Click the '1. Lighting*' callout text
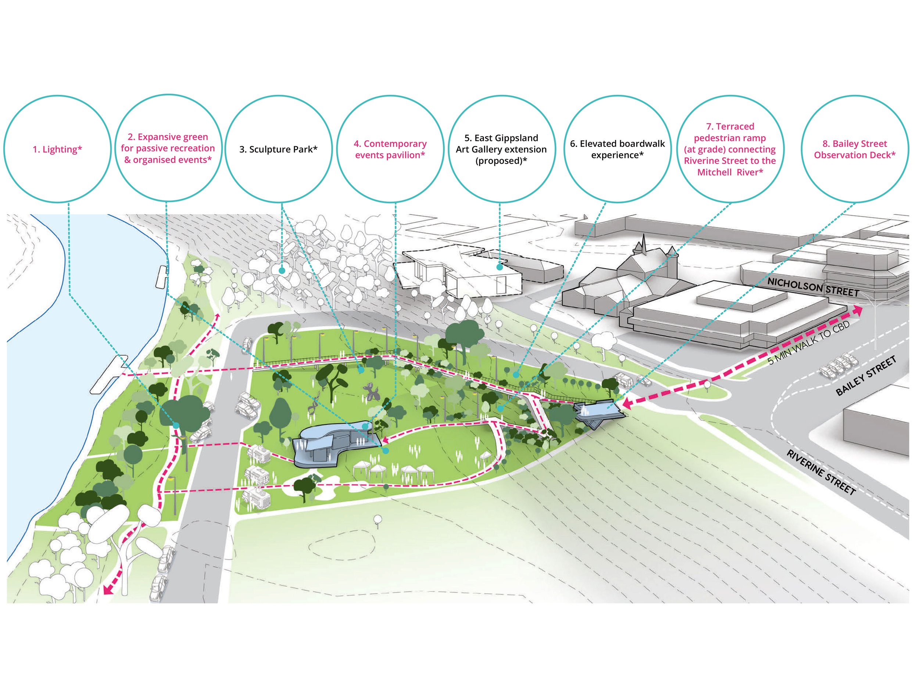(x=57, y=150)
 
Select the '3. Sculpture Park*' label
(x=278, y=150)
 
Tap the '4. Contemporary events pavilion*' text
(x=390, y=150)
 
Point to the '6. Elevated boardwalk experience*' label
(x=617, y=150)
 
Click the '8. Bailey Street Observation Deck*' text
(x=854, y=150)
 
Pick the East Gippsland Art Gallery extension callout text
(x=501, y=150)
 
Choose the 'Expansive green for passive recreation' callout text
(x=168, y=148)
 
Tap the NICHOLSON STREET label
(x=813, y=287)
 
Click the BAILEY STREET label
(x=865, y=376)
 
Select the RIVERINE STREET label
(x=821, y=472)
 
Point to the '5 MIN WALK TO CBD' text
(x=808, y=343)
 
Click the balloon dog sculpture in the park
(x=369, y=392)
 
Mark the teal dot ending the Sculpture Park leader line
(x=282, y=271)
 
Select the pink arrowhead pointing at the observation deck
(x=626, y=403)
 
